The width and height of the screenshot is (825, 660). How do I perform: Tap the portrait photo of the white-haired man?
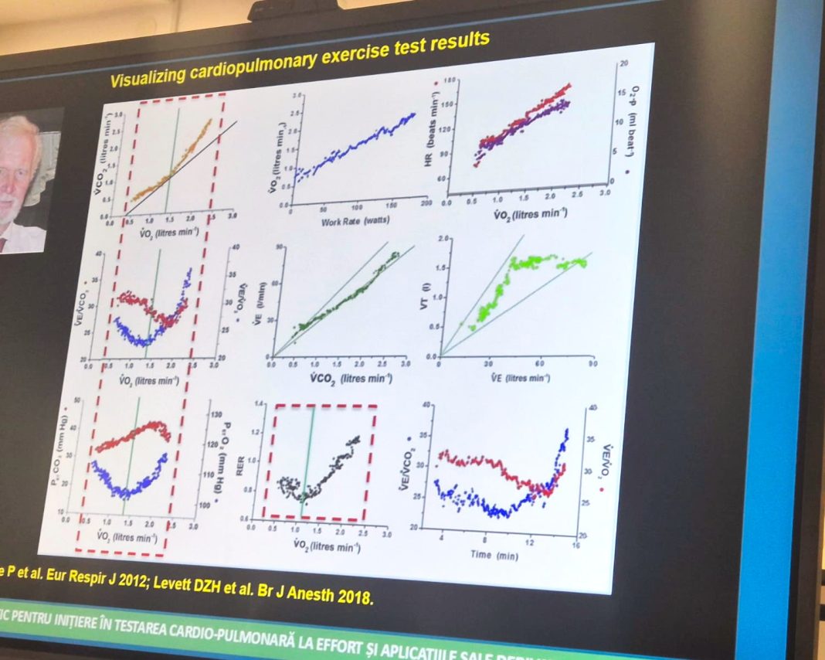tap(24, 182)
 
